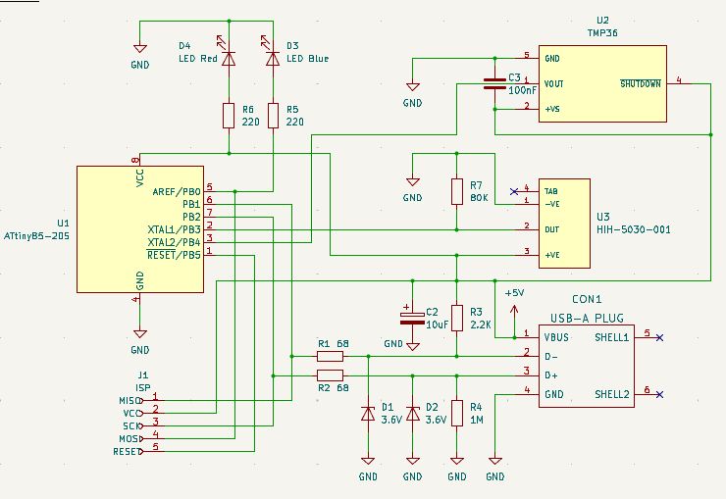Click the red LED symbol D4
229,59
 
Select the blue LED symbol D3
274,59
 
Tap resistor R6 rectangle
229,116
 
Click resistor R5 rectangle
274,116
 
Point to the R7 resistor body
456,191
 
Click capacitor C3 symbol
495,82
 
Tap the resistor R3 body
456,317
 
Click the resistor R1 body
330,356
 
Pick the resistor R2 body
330,375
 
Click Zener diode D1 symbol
368,414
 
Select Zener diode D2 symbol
413,414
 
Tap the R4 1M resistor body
456,414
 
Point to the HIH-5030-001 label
633,230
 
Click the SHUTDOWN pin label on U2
642,83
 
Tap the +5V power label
514,292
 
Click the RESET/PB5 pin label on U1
174,254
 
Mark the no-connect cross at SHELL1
659,336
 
